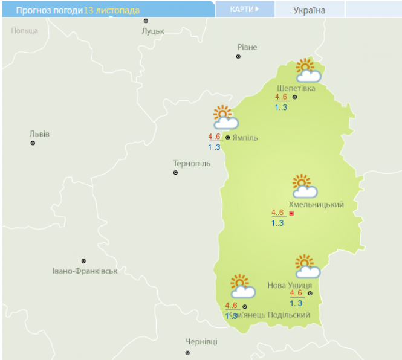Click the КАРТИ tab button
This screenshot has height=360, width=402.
pos(245,9)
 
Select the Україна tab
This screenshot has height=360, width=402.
pos(309,10)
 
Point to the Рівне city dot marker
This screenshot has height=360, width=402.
pos(238,57)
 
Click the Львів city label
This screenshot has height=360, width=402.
pos(39,133)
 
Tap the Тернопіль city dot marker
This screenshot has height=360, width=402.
pos(176,173)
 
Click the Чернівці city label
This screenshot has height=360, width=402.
pos(201,342)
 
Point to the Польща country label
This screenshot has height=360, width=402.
pos(25,31)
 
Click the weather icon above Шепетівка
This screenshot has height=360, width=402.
pos(307,71)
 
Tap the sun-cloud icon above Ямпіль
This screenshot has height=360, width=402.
pos(225,118)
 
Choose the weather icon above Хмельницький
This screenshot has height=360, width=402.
pos(304,187)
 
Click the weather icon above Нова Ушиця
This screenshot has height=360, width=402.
pos(307,266)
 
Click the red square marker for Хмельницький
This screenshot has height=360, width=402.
pos(291,214)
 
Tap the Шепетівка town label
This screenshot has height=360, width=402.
pos(295,88)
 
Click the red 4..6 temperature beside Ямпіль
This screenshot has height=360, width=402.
pos(214,137)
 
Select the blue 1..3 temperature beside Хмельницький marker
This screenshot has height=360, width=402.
pos(277,223)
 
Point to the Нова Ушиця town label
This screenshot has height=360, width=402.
pos(290,285)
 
